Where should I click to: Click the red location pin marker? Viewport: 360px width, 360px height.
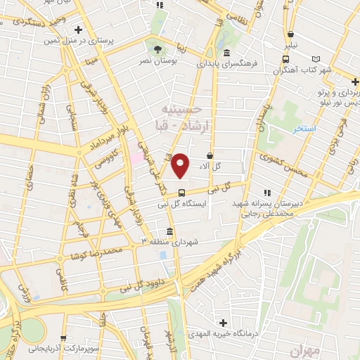[181, 165]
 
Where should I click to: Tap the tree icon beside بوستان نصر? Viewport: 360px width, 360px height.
[157, 49]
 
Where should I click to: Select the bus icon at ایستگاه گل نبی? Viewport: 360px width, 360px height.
[181, 193]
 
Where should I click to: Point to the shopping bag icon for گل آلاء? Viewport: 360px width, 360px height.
[210, 155]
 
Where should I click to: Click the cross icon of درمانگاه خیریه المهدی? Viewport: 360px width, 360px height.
[224, 323]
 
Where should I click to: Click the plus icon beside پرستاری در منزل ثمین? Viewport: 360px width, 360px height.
[79, 30]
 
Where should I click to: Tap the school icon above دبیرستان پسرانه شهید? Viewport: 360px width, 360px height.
[266, 192]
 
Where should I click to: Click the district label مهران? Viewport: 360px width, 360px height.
[304, 349]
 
